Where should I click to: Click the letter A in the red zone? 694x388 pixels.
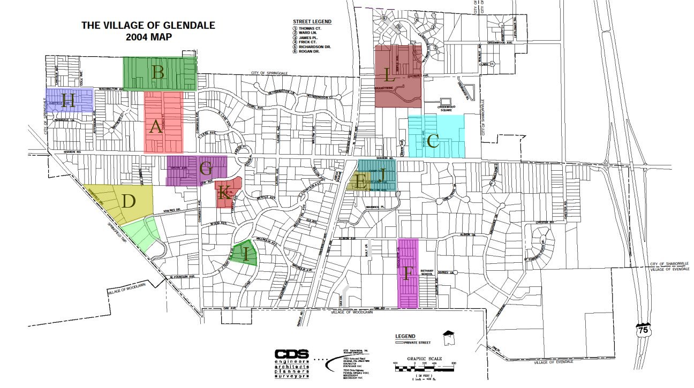156,127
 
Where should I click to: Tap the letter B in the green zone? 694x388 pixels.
157,72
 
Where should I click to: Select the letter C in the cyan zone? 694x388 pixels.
433,142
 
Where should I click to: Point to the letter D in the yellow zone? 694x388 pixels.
128,202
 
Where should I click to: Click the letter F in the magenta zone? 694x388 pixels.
408,274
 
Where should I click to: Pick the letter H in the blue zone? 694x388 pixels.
67,101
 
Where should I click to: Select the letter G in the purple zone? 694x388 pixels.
206,170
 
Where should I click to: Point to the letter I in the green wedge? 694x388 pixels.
246,255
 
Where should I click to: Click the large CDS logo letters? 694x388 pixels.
291,354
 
